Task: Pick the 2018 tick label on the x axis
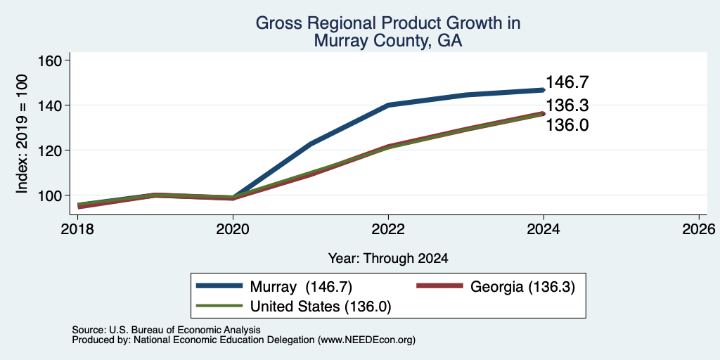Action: (x=77, y=229)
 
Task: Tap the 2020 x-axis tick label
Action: (x=233, y=229)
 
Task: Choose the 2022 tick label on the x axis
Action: (x=388, y=229)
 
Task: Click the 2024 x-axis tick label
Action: (x=544, y=229)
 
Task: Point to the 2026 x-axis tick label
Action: (x=699, y=229)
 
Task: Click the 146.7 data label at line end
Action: (x=567, y=83)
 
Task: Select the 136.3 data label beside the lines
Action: (x=567, y=105)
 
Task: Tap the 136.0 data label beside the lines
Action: (x=567, y=125)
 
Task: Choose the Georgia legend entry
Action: (x=496, y=287)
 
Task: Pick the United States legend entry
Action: (x=293, y=307)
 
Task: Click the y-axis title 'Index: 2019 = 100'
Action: (x=22, y=134)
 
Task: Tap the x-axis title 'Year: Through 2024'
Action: (x=388, y=259)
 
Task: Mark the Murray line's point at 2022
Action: (x=388, y=105)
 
